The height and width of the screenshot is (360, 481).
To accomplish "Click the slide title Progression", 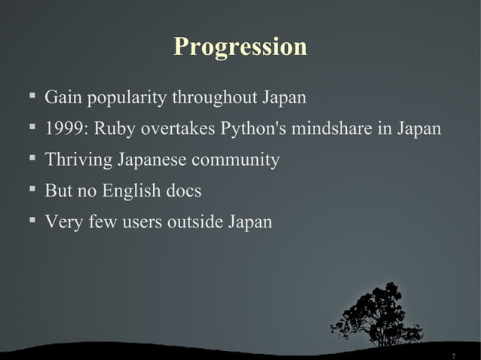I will click(240, 47).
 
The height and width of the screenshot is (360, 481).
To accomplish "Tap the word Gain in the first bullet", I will click(61, 98).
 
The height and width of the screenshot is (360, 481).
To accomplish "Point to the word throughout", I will click(214, 98).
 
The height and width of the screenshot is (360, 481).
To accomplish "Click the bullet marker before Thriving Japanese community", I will click(32, 159).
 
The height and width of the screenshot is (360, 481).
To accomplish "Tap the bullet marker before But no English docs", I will click(32, 190).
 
